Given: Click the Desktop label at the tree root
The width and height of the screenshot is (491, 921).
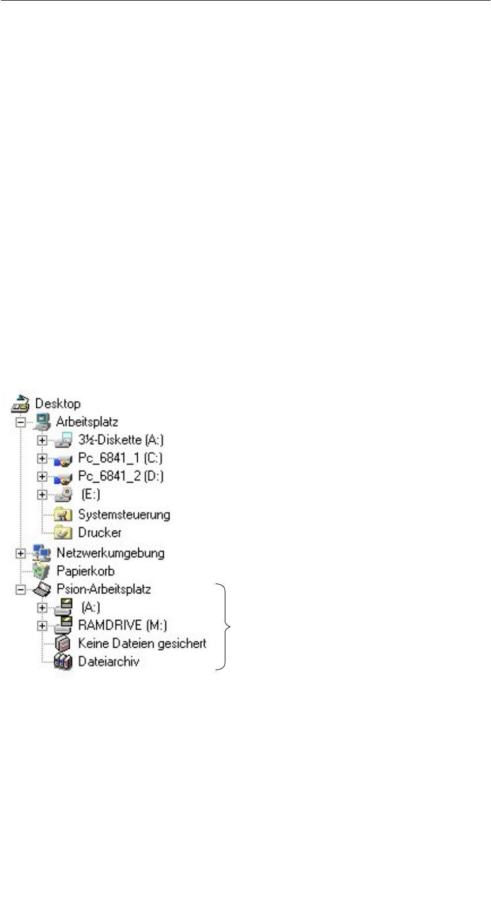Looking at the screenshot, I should click(58, 404).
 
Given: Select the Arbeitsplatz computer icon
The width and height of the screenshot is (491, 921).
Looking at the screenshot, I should click(42, 422).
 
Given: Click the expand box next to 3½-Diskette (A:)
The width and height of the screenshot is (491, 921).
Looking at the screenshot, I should click(42, 441).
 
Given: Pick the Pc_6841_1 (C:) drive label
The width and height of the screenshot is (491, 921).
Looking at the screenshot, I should click(120, 458).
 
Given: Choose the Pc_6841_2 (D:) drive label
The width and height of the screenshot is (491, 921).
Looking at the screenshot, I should click(120, 476).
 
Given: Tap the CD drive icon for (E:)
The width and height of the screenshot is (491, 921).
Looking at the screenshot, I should click(63, 495).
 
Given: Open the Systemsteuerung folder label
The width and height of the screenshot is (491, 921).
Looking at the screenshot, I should click(124, 514).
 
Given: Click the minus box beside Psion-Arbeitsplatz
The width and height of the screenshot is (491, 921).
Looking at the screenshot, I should click(21, 590).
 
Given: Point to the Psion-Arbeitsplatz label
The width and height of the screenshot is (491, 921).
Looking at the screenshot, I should click(104, 589).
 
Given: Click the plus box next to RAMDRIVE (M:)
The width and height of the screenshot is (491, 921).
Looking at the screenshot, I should click(42, 626).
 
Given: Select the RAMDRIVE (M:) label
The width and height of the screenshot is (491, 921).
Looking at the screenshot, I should click(122, 625).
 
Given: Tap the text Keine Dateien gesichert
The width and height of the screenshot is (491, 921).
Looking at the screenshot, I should click(142, 643).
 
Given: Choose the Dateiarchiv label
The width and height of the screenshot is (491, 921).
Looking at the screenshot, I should click(108, 661).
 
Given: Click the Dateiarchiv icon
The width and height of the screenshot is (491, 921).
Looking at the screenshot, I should click(63, 661).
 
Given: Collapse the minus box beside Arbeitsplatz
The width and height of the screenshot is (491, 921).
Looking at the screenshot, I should click(21, 422).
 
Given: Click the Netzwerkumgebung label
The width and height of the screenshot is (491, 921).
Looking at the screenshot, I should click(110, 553).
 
